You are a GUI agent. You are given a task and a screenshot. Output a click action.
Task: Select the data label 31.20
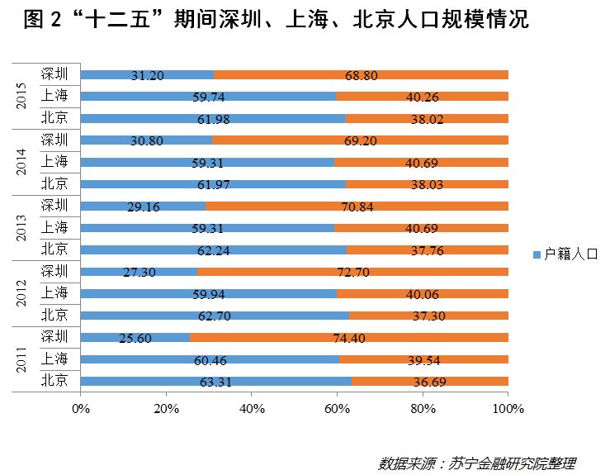(148, 75)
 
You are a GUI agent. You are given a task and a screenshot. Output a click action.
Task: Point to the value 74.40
(349, 338)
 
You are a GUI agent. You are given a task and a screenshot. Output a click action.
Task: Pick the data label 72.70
(353, 272)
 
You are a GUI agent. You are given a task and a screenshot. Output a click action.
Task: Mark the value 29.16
(144, 207)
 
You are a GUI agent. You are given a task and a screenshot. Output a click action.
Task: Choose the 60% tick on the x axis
(338, 408)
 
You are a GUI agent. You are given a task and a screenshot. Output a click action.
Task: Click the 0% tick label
(81, 408)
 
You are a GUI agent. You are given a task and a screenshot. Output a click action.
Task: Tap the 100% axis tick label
(508, 408)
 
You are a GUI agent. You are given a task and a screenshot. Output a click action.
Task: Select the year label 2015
(22, 96)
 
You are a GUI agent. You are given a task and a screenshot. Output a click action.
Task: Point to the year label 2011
(22, 360)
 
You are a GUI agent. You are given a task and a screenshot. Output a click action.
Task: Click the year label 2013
(22, 228)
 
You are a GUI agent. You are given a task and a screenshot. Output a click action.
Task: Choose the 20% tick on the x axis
(167, 408)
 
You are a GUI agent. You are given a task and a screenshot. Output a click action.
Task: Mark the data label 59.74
(207, 97)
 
